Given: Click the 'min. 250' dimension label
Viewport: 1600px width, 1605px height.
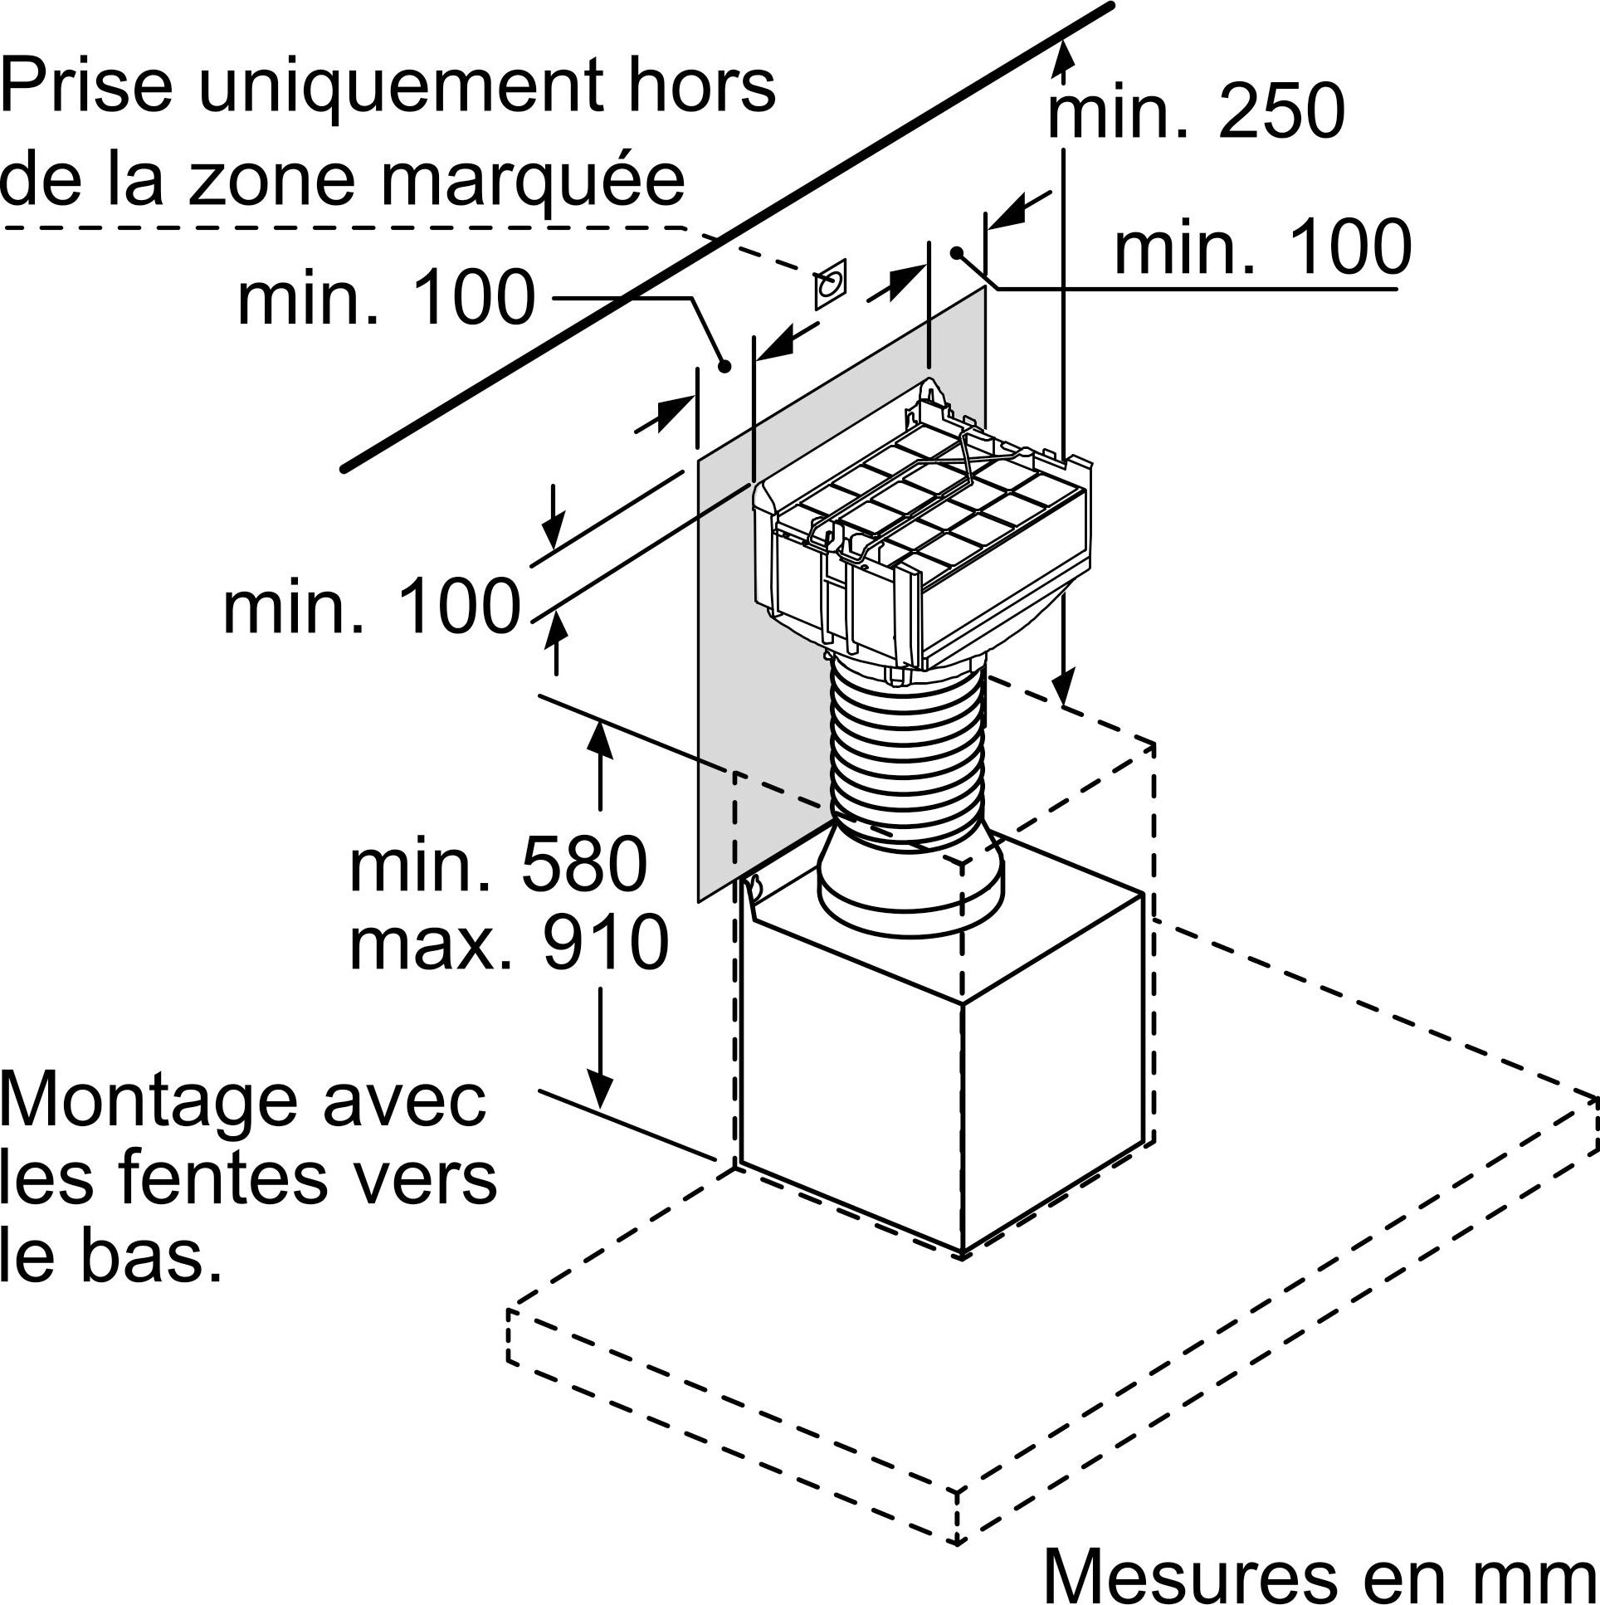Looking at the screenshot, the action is [x=1195, y=111].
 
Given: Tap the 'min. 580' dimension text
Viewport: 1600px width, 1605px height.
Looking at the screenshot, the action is [x=499, y=865].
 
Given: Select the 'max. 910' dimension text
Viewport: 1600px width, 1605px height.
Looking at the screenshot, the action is [x=509, y=942].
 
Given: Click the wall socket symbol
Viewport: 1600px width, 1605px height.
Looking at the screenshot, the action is [x=830, y=284].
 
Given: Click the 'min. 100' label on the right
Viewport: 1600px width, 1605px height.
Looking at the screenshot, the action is [x=1263, y=247].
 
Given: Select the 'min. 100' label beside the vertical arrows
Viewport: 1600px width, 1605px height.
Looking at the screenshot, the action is [x=371, y=608].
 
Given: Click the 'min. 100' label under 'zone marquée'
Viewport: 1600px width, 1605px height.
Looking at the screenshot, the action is [x=386, y=298].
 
